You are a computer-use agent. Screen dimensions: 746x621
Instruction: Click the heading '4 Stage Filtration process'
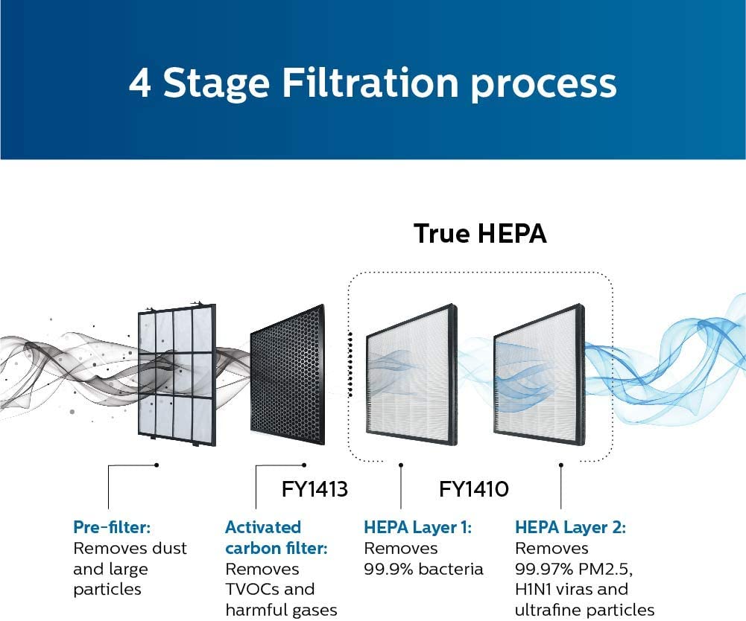point(373,83)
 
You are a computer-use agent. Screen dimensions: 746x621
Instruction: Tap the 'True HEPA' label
point(480,234)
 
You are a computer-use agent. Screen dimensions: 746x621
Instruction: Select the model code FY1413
point(314,488)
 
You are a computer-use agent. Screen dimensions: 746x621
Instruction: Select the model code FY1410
point(474,488)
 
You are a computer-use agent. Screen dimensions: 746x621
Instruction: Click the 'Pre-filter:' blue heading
point(112,527)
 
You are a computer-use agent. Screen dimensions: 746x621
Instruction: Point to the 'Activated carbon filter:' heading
point(276,538)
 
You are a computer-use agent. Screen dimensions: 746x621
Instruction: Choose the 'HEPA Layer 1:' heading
point(418,527)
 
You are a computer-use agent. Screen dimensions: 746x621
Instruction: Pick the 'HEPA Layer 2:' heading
point(570,527)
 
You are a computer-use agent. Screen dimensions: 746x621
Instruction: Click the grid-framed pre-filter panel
point(177,375)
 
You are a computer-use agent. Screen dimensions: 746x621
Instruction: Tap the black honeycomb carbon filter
point(288,375)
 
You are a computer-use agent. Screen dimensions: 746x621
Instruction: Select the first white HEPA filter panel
point(411,375)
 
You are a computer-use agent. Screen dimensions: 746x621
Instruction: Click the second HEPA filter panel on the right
point(539,375)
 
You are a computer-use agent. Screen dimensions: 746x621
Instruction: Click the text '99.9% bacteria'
point(423,569)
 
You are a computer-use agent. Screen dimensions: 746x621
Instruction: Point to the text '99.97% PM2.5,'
point(574,569)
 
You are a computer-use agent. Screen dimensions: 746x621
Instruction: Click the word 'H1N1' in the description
point(535,589)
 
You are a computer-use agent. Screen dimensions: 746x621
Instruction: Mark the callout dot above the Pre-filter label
point(157,465)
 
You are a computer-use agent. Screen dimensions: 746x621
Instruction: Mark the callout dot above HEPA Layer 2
point(561,465)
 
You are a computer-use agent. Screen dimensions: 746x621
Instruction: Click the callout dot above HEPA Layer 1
point(401,465)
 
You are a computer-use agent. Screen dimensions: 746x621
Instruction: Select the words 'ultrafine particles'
point(585,610)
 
